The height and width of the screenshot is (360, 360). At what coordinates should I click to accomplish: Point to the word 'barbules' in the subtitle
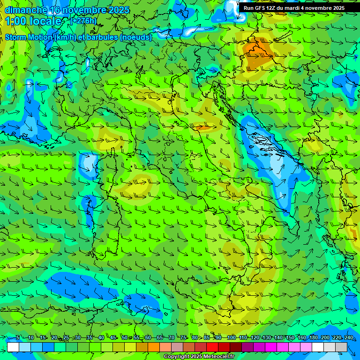click(x=104, y=37)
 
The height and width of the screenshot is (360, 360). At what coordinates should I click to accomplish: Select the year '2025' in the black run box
click(x=335, y=8)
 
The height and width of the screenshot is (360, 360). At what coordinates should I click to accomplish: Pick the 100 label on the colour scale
click(x=231, y=337)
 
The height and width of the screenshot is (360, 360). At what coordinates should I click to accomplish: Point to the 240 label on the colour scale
click(x=348, y=337)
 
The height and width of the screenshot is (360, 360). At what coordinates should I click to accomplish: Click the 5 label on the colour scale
click(x=18, y=337)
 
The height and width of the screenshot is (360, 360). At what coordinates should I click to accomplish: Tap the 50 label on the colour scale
click(x=125, y=337)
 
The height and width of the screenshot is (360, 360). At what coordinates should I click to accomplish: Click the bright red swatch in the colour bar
click(x=212, y=347)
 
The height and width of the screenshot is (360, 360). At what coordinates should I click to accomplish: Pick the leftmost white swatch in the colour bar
click(x=13, y=347)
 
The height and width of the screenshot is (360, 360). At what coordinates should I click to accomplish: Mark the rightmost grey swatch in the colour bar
click(x=341, y=347)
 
